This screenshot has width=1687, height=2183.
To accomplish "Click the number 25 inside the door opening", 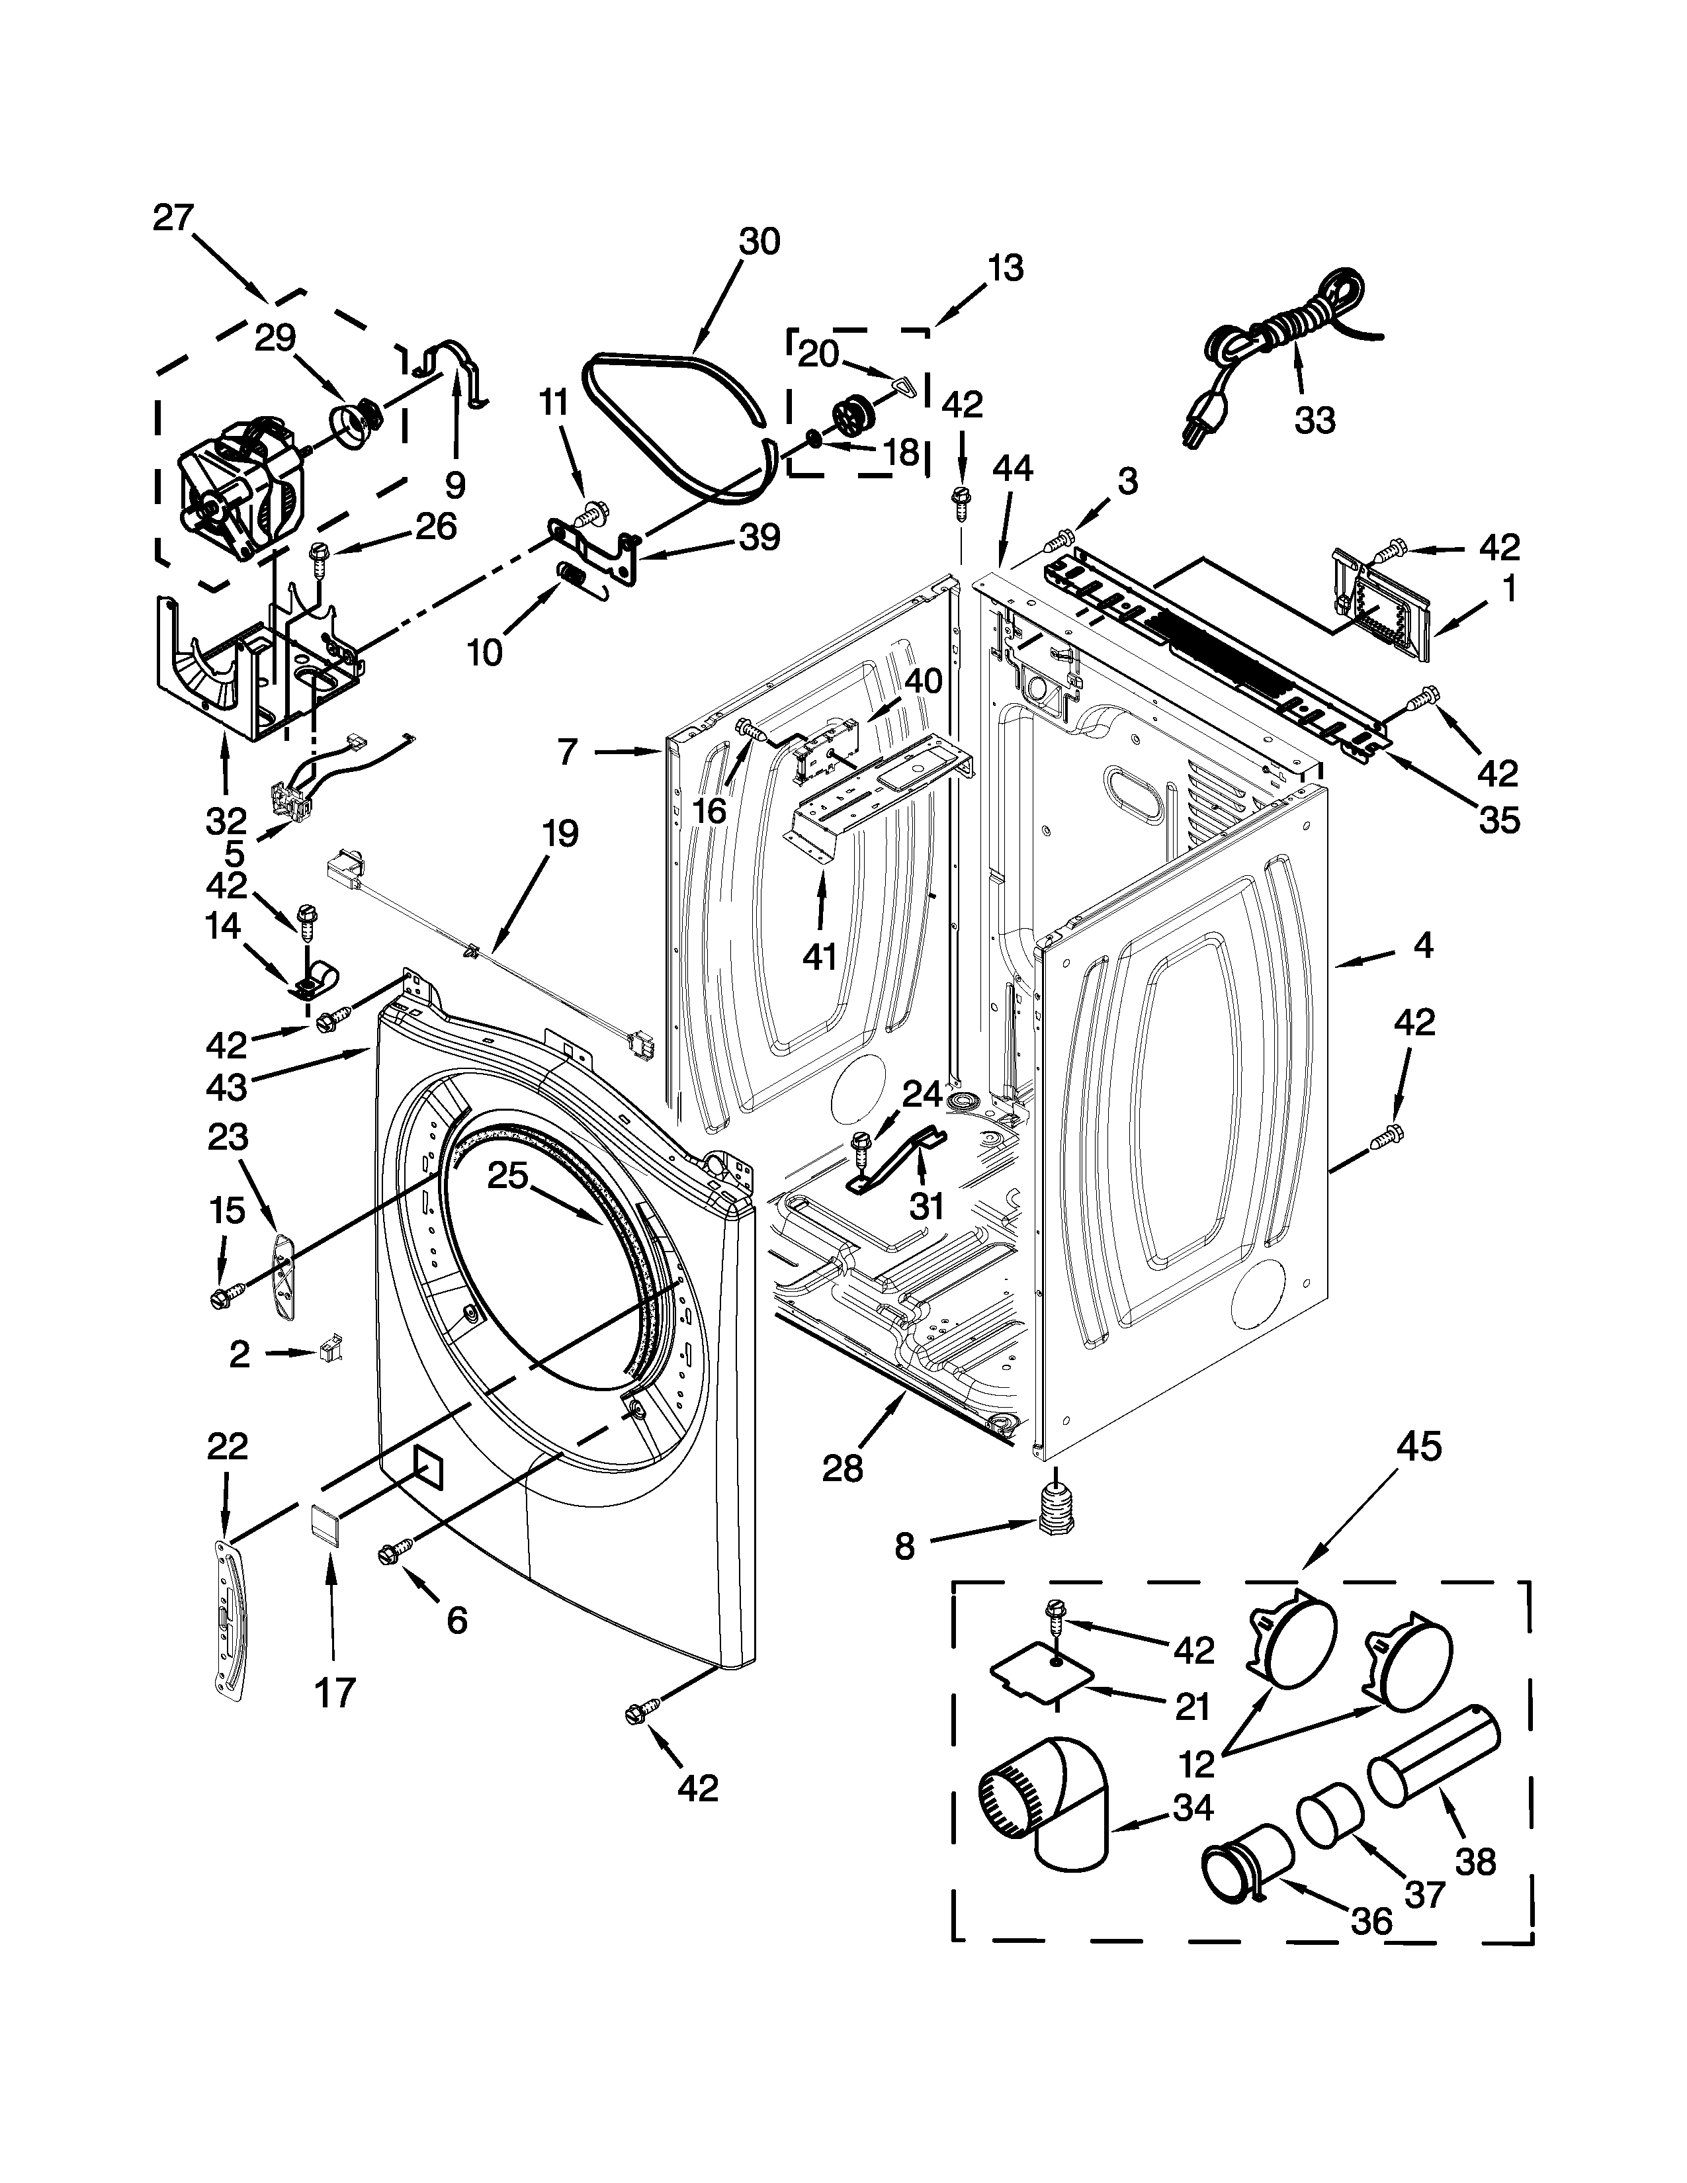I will click(507, 1176).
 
